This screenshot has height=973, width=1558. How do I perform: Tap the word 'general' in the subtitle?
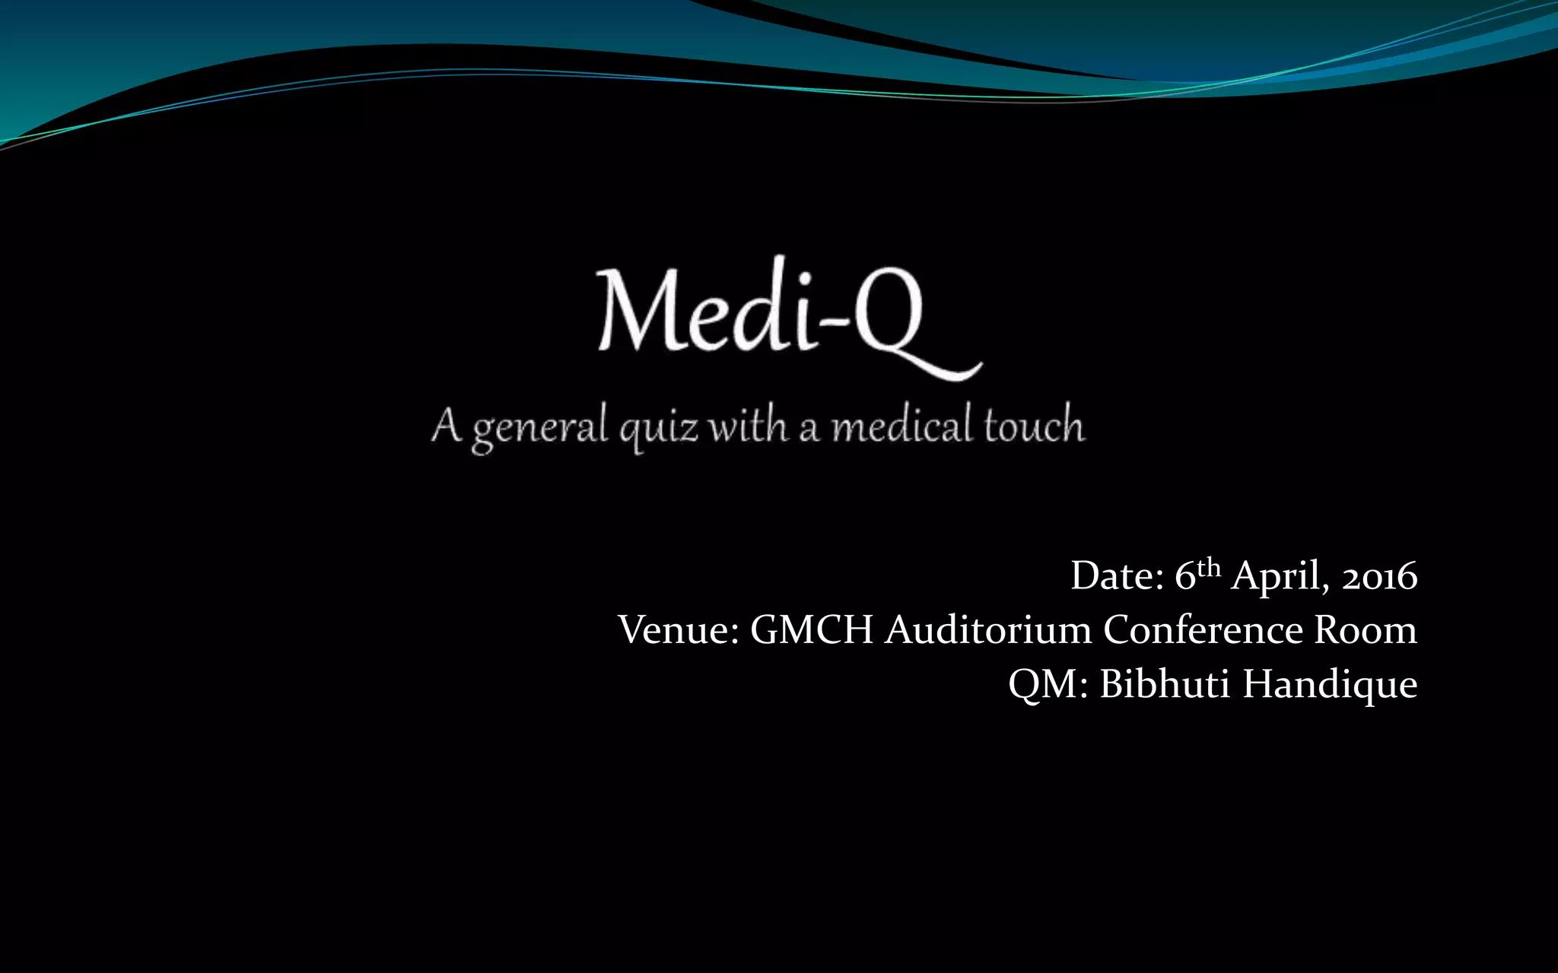540,427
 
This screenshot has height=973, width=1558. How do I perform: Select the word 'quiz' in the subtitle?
658,427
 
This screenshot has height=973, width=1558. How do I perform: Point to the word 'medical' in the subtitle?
901,426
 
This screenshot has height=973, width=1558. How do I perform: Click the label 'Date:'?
1117,576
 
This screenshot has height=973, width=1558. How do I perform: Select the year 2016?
1379,576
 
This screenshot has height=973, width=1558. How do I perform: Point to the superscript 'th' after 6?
1209,567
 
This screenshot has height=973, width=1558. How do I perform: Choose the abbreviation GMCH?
812,630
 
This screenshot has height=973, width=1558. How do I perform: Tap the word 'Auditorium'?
988,630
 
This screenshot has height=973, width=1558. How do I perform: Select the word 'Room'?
1366,630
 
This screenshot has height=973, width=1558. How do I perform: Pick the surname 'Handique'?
1330,684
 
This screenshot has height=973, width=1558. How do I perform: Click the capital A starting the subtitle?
447,426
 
